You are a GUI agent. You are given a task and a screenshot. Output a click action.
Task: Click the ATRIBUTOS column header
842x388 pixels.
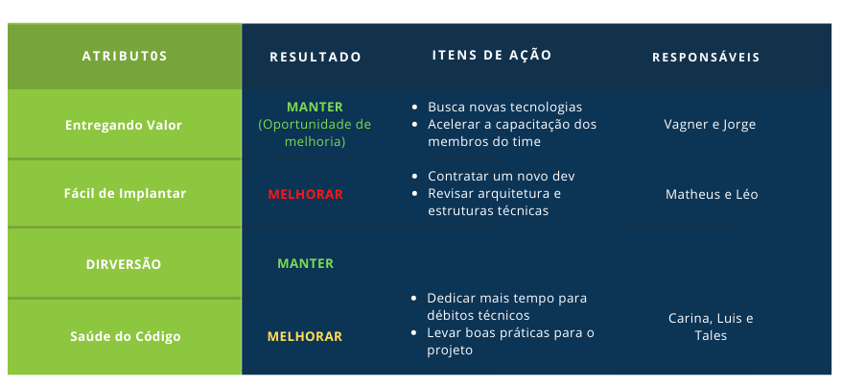(x=125, y=56)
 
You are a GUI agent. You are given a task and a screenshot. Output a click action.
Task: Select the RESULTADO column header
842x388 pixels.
(x=316, y=57)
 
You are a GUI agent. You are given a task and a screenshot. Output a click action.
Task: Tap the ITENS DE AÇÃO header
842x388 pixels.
(x=492, y=55)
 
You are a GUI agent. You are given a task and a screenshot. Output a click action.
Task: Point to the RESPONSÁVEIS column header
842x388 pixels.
(x=706, y=57)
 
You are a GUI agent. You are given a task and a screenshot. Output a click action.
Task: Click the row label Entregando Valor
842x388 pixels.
(x=124, y=125)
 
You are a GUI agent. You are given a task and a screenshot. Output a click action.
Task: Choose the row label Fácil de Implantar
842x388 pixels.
(x=125, y=193)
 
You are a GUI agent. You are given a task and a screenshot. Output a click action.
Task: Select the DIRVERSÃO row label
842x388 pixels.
(x=124, y=264)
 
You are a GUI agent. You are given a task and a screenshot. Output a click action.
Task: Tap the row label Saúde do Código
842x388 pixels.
(x=125, y=336)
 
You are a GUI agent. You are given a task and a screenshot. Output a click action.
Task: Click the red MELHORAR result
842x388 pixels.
(x=305, y=194)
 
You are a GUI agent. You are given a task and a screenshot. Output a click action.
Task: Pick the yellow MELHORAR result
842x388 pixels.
(x=304, y=336)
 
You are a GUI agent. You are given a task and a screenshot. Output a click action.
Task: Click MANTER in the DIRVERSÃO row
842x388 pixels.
(x=305, y=263)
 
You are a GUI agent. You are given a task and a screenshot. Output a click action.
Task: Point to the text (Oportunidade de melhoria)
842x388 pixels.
(x=315, y=133)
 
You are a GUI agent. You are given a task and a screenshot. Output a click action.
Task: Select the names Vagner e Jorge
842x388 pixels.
(x=710, y=125)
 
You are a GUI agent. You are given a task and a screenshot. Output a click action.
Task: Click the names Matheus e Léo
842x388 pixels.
(x=712, y=194)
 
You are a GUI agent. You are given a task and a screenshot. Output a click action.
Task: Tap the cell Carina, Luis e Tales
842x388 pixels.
(x=711, y=327)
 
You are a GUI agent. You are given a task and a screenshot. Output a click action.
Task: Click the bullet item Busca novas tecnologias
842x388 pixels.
(x=504, y=108)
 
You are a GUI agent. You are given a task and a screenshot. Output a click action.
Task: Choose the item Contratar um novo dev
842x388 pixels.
(x=501, y=176)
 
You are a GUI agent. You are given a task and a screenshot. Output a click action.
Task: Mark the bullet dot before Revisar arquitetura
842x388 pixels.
(x=414, y=193)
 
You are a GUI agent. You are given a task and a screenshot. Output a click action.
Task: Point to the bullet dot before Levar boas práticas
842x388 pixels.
(x=413, y=332)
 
